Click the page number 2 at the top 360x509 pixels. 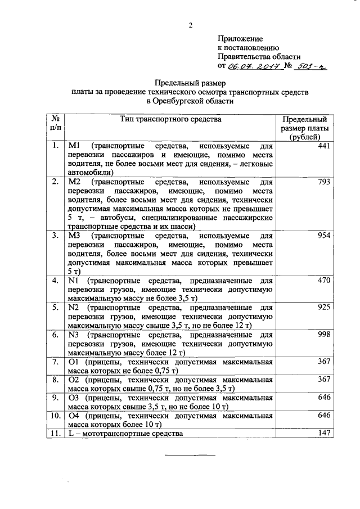190,25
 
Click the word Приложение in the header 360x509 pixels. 240,39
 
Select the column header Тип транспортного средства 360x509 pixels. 171,119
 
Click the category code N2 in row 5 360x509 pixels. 73,308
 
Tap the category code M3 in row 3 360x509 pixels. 74,236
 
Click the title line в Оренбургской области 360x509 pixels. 190,101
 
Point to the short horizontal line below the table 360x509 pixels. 190,454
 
